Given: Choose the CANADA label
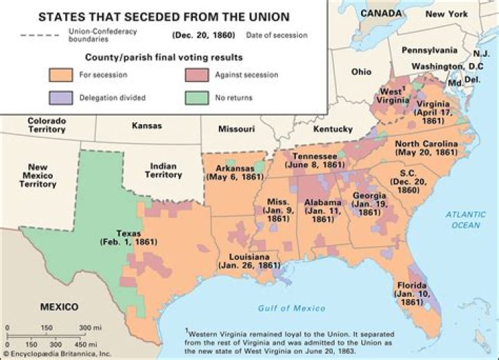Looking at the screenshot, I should pos(382,13).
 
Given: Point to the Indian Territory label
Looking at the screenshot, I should pos(163,171).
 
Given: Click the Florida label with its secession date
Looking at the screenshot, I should pos(414,293).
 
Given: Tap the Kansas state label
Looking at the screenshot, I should pos(146,126).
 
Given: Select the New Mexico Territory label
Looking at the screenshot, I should pos(37,175).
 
